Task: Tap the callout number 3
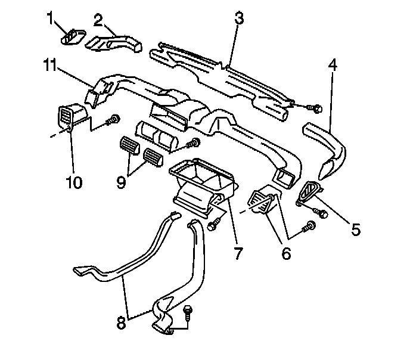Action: [x=239, y=17]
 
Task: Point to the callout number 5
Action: [x=355, y=228]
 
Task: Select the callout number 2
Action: [x=98, y=20]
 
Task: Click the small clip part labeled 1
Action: [x=72, y=38]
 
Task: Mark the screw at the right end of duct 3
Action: [x=316, y=108]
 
